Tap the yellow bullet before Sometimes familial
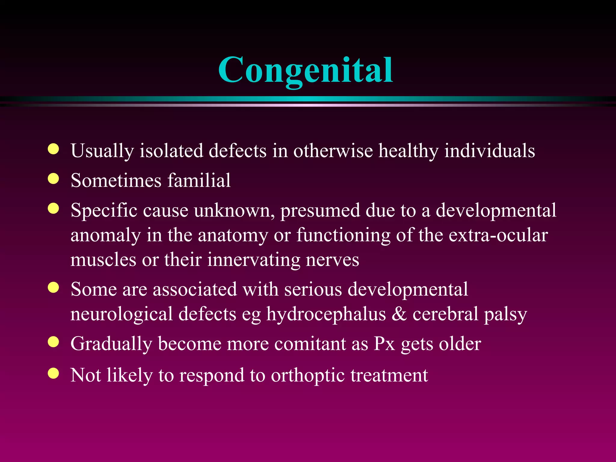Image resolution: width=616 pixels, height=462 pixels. (x=53, y=179)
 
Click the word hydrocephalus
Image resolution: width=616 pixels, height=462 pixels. (x=326, y=314)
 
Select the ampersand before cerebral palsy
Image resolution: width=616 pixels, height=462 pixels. (x=399, y=314)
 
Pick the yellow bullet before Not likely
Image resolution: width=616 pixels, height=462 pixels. (x=53, y=373)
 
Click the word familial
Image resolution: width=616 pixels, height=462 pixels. (x=199, y=180)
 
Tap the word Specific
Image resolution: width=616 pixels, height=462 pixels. (x=104, y=211)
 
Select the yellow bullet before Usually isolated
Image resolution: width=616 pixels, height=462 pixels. (x=53, y=149)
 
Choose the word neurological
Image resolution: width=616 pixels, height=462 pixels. (x=122, y=314)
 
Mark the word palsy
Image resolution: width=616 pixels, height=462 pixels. (x=505, y=315)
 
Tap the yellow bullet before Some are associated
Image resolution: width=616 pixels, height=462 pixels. (x=53, y=288)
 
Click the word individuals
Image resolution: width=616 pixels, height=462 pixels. (x=490, y=151)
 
